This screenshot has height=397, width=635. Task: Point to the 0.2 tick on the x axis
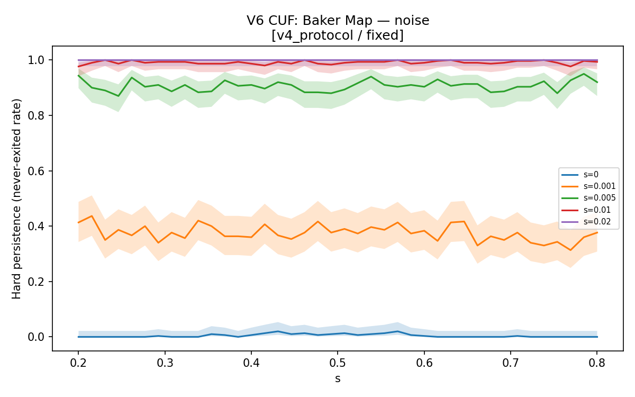coord(78,363)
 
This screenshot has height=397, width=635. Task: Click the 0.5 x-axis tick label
coord(338,363)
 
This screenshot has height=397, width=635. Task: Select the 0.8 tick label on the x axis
coord(597,363)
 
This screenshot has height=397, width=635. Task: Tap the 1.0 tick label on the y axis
coord(36,60)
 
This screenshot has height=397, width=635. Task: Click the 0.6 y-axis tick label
coord(36,171)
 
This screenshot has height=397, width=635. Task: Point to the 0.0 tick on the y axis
coord(36,337)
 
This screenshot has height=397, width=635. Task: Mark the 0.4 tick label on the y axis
coord(36,227)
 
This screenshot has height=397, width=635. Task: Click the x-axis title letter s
coord(338,379)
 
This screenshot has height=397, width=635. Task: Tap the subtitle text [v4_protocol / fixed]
coord(338,35)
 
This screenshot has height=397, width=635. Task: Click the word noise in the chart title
coord(412,21)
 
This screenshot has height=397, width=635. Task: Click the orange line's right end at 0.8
coord(597,232)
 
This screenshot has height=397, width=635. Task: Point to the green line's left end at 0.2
coord(78,75)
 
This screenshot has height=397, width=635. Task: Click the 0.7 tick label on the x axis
coord(511,363)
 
